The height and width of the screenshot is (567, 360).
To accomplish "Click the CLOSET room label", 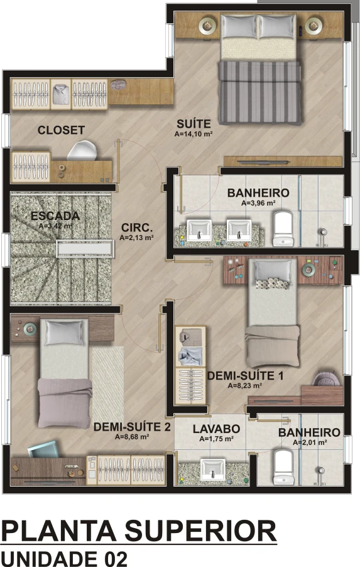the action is click(61, 130).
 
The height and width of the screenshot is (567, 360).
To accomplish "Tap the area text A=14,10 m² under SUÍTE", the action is click(194, 134).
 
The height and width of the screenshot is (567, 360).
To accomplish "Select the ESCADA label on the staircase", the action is click(55, 216).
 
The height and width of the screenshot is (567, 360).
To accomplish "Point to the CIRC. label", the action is click(137, 228).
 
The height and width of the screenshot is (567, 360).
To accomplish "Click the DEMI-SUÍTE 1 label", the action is click(245, 376).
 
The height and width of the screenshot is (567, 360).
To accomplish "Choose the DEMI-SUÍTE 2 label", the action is click(132, 427).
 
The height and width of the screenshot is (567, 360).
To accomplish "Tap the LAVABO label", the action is click(216, 429).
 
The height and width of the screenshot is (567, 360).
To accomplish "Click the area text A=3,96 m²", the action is click(258, 203).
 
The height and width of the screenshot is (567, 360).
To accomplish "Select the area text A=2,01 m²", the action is click(310, 443).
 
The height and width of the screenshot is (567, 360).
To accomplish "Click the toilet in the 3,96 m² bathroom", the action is click(283, 229).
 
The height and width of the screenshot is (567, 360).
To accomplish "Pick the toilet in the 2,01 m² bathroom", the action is click(283, 467).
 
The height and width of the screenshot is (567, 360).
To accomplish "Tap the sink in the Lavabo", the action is click(212, 470).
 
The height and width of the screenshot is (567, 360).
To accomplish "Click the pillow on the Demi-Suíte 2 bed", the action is click(64, 333).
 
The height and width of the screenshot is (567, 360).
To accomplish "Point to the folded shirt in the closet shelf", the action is click(61, 94).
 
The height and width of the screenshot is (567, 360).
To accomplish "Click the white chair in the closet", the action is click(82, 150).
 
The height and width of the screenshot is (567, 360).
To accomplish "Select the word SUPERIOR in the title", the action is click(200, 531).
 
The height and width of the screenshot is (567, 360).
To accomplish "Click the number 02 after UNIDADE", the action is click(116, 558).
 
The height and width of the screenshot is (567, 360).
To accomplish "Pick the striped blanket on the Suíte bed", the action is click(259, 92).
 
